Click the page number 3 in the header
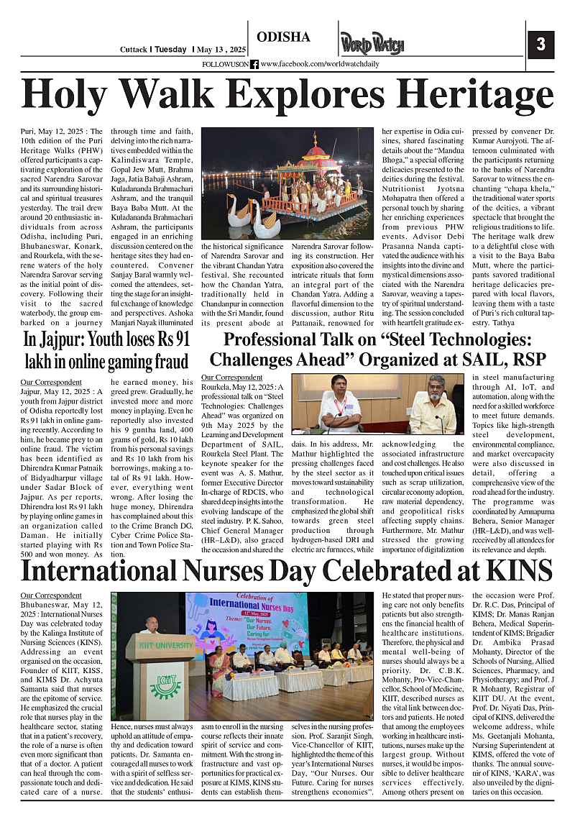coord(540,45)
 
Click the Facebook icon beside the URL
coord(254,64)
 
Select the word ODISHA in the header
coord(283,37)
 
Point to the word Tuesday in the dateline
coord(171,50)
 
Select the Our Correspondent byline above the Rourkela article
coord(231,377)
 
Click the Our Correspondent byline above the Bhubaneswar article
coord(51,595)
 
